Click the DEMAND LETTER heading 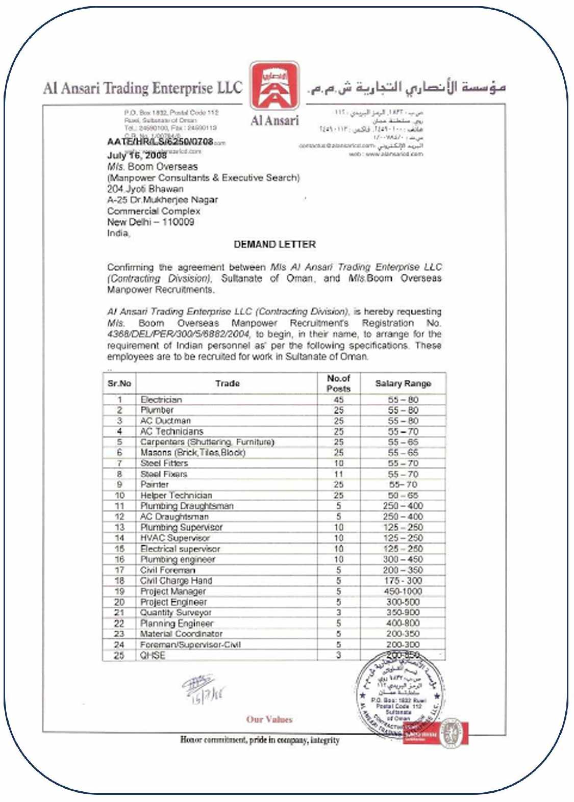[x=274, y=245]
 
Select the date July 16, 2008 [x=137, y=155]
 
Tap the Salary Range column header [x=403, y=383]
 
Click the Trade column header [x=227, y=383]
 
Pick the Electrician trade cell [x=161, y=400]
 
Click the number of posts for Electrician [x=338, y=400]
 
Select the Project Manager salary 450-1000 [x=403, y=591]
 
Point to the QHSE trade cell [x=153, y=656]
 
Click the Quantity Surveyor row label [x=176, y=613]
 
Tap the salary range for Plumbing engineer [x=403, y=559]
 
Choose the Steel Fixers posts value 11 [x=338, y=474]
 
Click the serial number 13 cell [x=119, y=527]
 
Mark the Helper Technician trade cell [x=176, y=496]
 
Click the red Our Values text [x=269, y=719]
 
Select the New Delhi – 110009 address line [x=151, y=222]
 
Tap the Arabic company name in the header [x=407, y=88]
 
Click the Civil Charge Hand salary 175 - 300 [x=403, y=581]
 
